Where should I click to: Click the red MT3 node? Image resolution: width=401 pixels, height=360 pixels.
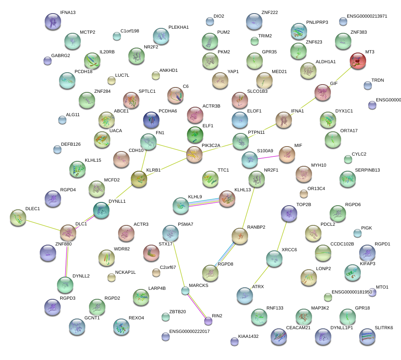pyautogui.click(x=358, y=61)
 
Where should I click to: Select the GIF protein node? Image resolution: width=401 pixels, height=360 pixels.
pyautogui.click(x=323, y=93)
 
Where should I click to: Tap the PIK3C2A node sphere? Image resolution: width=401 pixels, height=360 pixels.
pyautogui.click(x=194, y=154)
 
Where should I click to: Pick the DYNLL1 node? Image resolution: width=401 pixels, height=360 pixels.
pyautogui.click(x=101, y=210)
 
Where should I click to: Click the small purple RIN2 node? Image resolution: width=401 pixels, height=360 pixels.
pyautogui.click(x=208, y=321)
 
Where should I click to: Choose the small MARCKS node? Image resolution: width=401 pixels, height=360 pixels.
pyautogui.click(x=185, y=291)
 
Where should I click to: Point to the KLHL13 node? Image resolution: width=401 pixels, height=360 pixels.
pyautogui.click(x=227, y=199)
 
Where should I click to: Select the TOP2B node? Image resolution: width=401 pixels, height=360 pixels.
pyautogui.click(x=289, y=213)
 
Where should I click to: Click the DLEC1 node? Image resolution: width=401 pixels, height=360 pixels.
pyautogui.click(x=18, y=218)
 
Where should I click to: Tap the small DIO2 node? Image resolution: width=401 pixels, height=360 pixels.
pyautogui.click(x=210, y=21)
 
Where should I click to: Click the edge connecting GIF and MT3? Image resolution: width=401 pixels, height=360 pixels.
pyautogui.click(x=340, y=77)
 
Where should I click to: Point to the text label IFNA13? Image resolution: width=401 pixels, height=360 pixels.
pyautogui.click(x=68, y=13)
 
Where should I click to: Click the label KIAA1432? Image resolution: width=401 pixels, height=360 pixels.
pyautogui.click(x=249, y=336)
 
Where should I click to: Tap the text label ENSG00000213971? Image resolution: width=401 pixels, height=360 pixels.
pyautogui.click(x=367, y=16)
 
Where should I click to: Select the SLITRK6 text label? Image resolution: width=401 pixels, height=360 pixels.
pyautogui.click(x=384, y=328)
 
